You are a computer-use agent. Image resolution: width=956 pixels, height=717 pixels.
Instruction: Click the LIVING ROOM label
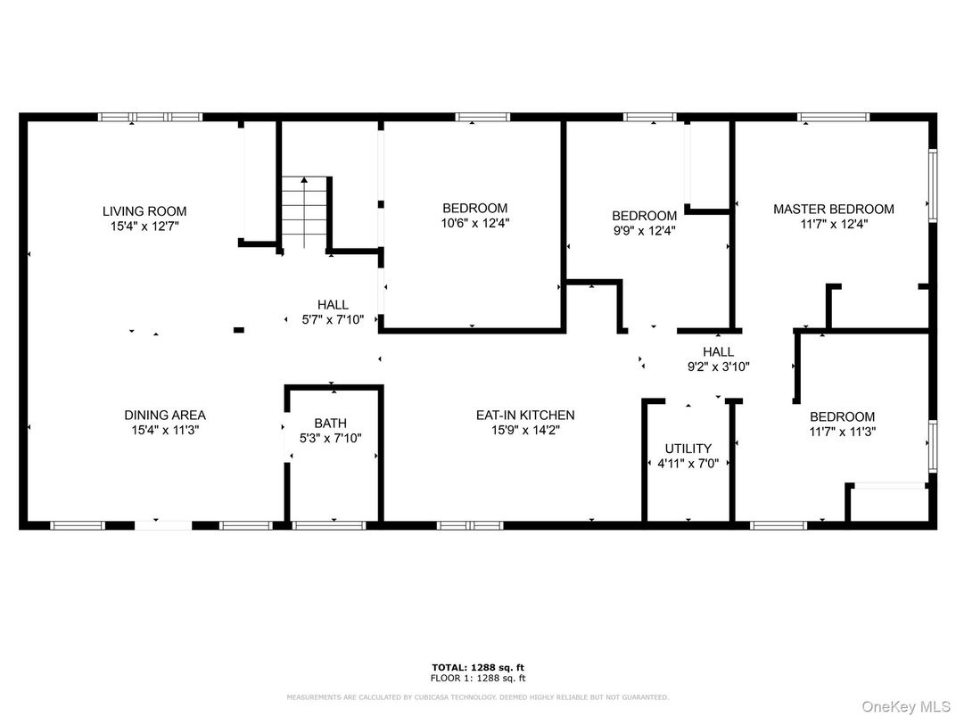[x=144, y=211]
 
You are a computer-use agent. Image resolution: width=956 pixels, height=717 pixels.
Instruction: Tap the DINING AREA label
[x=164, y=416]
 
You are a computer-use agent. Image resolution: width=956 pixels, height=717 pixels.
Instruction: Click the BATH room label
[x=330, y=424]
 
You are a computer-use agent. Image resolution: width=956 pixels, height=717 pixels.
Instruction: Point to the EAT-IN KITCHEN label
[x=524, y=416]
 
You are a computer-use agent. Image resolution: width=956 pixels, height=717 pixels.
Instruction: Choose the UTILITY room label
[x=688, y=449]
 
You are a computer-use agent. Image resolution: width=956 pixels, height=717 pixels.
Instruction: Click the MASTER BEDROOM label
[x=833, y=210]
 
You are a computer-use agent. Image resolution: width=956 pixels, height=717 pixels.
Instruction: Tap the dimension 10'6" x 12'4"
[x=474, y=224]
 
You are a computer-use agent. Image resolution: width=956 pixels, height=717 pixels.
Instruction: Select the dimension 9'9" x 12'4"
[x=644, y=230]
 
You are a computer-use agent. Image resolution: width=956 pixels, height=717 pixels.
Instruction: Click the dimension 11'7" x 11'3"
[x=842, y=432]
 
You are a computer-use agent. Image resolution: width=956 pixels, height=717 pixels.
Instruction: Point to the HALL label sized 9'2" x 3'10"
[x=718, y=352]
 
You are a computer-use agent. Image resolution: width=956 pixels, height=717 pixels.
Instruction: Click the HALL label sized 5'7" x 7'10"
[x=333, y=305]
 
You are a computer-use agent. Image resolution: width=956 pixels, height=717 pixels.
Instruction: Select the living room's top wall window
[x=150, y=117]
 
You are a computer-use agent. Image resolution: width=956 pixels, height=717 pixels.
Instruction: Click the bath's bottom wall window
[x=329, y=525]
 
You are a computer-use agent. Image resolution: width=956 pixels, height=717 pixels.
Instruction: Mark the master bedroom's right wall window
[x=933, y=185]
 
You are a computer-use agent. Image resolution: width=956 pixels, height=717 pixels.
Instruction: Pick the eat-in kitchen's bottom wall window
[x=470, y=525]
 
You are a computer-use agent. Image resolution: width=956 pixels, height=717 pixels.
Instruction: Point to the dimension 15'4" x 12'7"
[x=144, y=227]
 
